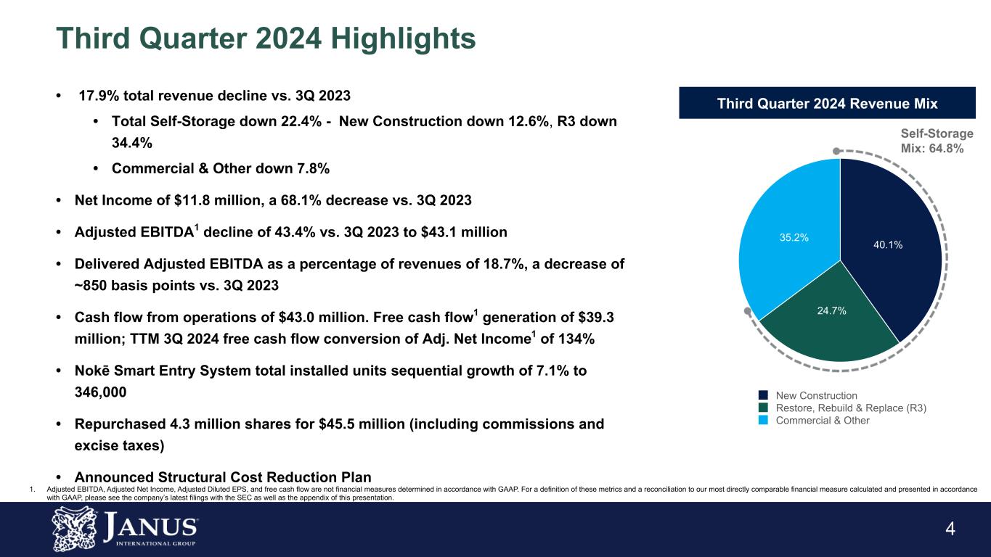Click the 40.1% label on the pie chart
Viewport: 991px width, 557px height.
pos(888,245)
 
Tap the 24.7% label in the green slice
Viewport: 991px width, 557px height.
pos(832,310)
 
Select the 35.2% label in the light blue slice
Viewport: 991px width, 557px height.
pos(794,237)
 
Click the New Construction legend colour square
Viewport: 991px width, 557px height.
pos(763,395)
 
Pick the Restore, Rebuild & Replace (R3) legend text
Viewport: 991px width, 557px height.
pos(851,408)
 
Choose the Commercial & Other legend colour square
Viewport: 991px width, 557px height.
pos(763,421)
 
